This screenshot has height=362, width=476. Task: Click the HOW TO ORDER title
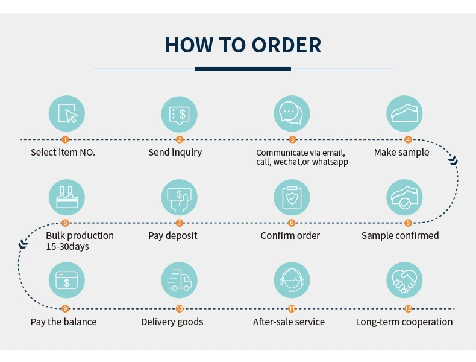(243, 45)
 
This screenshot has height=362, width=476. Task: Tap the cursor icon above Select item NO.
(66, 113)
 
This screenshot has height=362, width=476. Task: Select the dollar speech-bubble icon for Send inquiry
(179, 113)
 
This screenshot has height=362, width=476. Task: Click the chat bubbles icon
(292, 113)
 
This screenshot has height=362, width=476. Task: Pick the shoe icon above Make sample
(404, 113)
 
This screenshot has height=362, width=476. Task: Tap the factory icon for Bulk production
(66, 197)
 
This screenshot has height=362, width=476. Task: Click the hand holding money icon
(179, 197)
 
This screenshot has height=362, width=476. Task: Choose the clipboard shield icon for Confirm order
(292, 197)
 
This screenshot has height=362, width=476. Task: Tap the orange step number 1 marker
(66, 139)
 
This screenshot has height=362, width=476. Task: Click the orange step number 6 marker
(292, 223)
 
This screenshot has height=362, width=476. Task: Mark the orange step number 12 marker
(408, 308)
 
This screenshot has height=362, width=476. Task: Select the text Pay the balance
(63, 322)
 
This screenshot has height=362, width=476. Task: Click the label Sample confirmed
(400, 235)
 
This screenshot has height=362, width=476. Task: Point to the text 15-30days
(67, 246)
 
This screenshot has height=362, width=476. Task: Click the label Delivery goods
(172, 322)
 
